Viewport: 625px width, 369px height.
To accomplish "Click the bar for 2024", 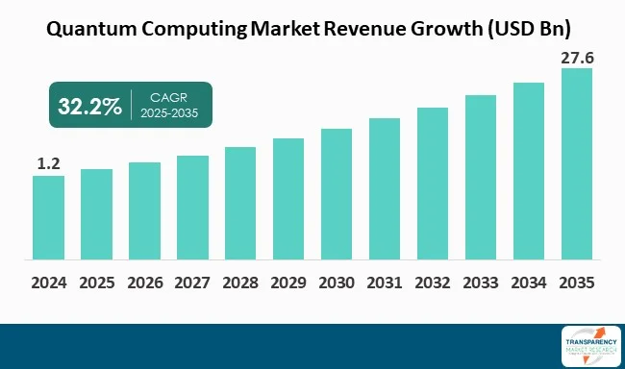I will (48, 217).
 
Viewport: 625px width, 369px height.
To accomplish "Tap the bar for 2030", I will (337, 193).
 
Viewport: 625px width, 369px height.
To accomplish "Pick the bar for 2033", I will (481, 177).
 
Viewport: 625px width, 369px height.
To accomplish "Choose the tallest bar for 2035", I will (577, 163).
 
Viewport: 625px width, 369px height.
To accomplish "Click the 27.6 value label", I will (576, 58).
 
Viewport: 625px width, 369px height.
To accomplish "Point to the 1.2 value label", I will (48, 164).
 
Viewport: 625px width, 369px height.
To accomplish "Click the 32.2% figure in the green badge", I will (88, 106).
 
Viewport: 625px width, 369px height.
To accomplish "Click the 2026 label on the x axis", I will (144, 284).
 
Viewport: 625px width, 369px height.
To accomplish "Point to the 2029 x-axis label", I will (288, 284).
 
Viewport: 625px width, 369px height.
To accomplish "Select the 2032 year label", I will (433, 284).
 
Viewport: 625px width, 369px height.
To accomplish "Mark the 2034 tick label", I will (529, 284).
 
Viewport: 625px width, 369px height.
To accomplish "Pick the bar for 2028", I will (240, 203).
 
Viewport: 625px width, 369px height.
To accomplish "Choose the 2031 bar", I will (385, 188).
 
